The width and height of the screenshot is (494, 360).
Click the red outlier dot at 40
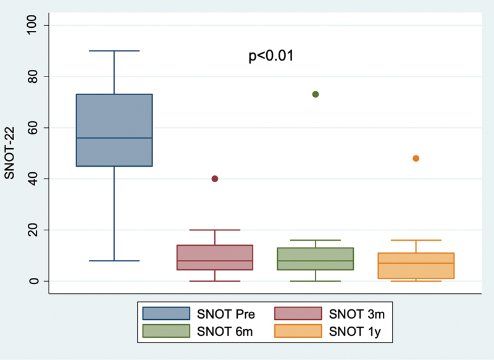(215, 178)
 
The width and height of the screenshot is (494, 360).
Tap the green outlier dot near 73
(316, 94)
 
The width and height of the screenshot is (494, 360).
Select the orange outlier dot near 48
(416, 158)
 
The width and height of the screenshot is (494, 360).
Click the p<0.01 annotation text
(270, 56)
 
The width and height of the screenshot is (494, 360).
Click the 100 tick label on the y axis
(35, 25)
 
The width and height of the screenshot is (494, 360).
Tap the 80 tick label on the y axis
(35, 77)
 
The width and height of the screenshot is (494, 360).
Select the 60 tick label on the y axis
(35, 128)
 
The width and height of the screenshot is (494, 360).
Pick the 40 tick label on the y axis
(35, 179)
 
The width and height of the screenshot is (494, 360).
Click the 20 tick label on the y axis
(35, 230)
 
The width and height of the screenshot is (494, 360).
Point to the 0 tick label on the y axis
(35, 282)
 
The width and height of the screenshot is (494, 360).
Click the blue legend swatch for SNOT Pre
(165, 314)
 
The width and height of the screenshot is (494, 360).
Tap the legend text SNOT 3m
(361, 314)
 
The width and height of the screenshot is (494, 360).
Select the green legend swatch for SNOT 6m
(165, 331)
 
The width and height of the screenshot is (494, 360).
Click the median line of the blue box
(114, 138)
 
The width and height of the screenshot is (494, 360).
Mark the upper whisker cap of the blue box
(114, 51)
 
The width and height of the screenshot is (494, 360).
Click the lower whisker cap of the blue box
(114, 261)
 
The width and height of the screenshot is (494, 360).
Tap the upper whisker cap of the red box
(215, 230)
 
